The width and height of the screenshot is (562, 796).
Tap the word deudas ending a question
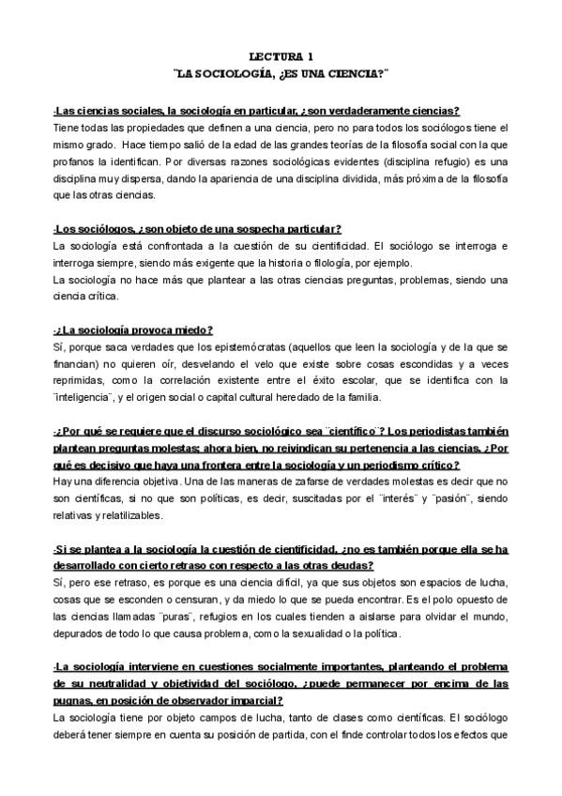pyautogui.click(x=348, y=567)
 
